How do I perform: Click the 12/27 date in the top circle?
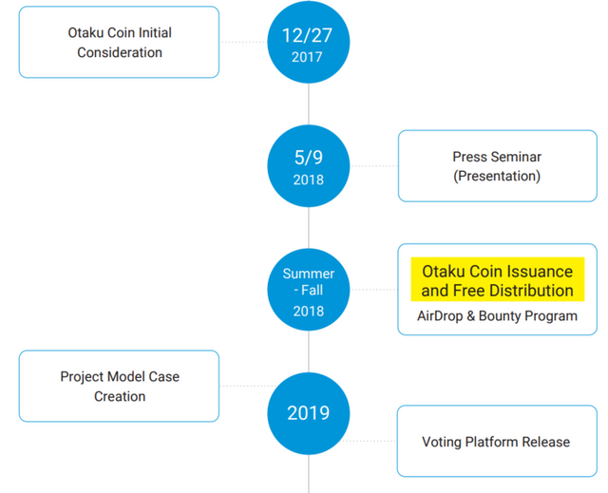[307, 35]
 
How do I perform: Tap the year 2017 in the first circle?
[307, 57]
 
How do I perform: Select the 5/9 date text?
[309, 158]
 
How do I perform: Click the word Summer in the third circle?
[309, 274]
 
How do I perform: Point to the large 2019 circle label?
[308, 413]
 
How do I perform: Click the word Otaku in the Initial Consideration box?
[85, 32]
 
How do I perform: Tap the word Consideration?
[120, 52]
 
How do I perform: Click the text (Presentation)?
[497, 177]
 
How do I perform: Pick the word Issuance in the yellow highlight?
[541, 272]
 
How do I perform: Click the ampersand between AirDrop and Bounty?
[471, 316]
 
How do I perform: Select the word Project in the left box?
[82, 377]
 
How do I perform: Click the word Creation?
[120, 396]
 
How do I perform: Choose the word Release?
[546, 442]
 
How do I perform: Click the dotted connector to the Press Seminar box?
[374, 165]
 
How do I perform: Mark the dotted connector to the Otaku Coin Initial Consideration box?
[243, 42]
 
